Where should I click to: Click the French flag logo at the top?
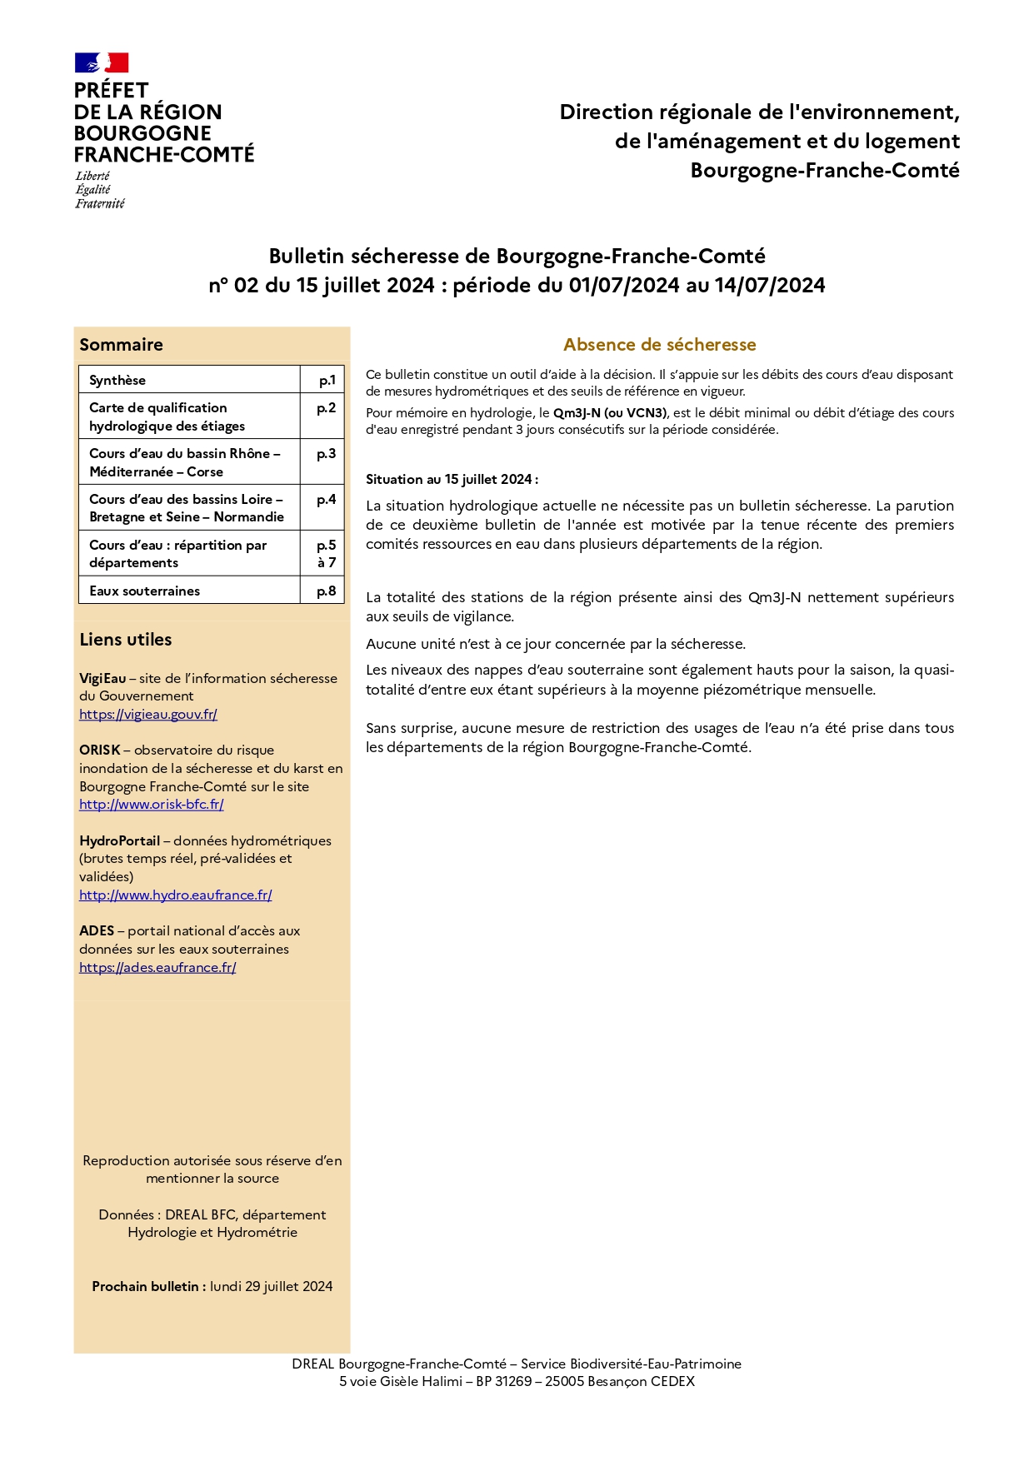[x=102, y=62]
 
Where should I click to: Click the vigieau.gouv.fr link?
[x=148, y=714]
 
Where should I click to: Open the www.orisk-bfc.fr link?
[x=152, y=804]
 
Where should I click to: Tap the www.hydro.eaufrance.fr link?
[x=176, y=895]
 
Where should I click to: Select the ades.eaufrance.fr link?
[x=157, y=967]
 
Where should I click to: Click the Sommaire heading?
[x=121, y=345]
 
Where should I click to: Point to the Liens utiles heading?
[x=126, y=640]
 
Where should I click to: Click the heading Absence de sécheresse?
[x=659, y=345]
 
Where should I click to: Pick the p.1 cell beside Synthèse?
[x=327, y=380]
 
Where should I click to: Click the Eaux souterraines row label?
[x=145, y=591]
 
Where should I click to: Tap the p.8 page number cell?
[x=327, y=591]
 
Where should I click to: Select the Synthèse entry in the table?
[x=117, y=380]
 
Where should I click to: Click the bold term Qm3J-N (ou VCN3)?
[x=610, y=413]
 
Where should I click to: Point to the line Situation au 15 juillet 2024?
[x=452, y=479]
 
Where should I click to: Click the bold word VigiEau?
[x=102, y=678]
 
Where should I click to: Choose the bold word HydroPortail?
[x=119, y=840]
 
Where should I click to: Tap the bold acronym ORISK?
[x=100, y=750]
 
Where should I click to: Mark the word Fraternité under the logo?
[x=100, y=204]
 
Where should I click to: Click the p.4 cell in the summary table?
[x=327, y=500]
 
